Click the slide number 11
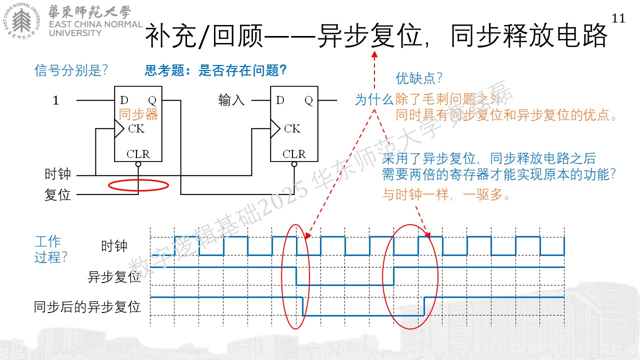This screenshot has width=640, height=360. pos(618,18)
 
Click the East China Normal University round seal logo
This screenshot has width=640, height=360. pos(21,21)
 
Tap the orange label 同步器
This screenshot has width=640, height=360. pos(138,114)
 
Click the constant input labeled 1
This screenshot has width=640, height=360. pos(55,100)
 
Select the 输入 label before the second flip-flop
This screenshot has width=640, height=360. pos(231,100)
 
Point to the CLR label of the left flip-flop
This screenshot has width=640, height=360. pos(138,154)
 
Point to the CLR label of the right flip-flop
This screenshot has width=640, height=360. pos(294,154)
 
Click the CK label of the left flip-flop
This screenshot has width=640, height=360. pos(136,128)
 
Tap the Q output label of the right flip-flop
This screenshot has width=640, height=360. pos(308,100)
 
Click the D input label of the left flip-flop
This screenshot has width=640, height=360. pos(124,100)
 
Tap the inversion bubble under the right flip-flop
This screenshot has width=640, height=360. pos(294,164)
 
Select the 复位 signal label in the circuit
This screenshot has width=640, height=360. pos(57,195)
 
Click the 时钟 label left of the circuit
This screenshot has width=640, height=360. pos(57,174)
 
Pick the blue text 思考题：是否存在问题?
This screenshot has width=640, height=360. pos(215,70)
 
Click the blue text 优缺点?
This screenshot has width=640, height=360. pos(419,78)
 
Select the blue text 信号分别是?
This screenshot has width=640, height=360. pos(71,70)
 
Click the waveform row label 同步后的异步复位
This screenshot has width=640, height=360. pos(87,307)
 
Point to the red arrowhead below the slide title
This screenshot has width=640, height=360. pos(374,54)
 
